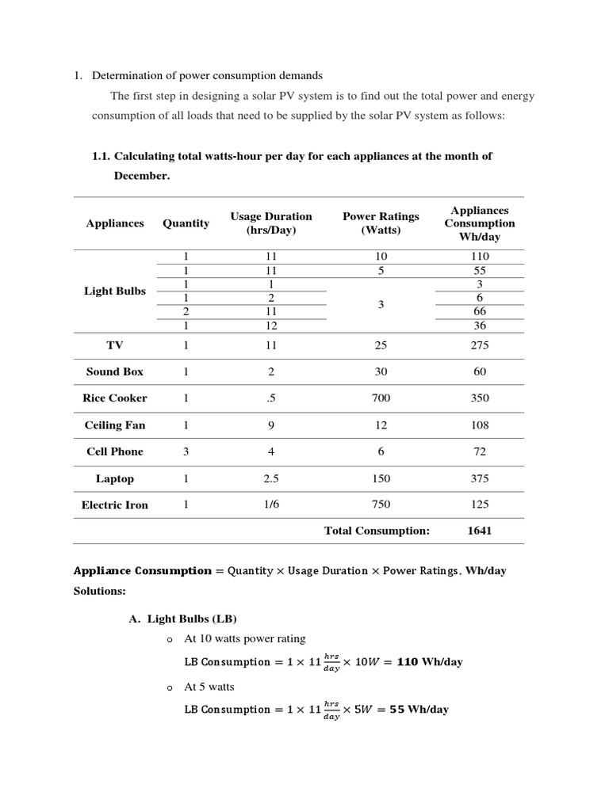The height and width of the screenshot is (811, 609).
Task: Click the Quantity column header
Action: [186, 223]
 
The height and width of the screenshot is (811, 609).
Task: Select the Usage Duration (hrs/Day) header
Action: [271, 223]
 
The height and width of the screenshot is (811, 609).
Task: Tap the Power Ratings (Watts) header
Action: [381, 223]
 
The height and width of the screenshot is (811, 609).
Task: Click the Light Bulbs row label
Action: [115, 291]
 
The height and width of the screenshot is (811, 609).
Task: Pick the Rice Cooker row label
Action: [115, 398]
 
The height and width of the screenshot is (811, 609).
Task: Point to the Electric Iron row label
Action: [115, 504]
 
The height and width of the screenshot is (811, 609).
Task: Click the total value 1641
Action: [480, 531]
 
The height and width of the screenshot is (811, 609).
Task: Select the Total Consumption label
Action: [377, 531]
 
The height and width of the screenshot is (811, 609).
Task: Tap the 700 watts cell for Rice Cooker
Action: [381, 398]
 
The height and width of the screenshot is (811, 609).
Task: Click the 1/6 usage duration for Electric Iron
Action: [271, 504]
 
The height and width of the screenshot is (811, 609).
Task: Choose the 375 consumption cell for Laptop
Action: [480, 478]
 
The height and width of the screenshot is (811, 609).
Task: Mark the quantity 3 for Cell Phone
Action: [186, 451]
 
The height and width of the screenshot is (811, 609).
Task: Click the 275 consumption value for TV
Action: [480, 345]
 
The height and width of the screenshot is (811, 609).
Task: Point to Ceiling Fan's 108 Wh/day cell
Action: [480, 425]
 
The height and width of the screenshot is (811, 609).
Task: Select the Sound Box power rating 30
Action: [381, 371]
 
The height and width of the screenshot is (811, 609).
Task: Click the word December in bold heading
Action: [142, 176]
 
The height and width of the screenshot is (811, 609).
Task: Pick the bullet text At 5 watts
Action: [209, 687]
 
